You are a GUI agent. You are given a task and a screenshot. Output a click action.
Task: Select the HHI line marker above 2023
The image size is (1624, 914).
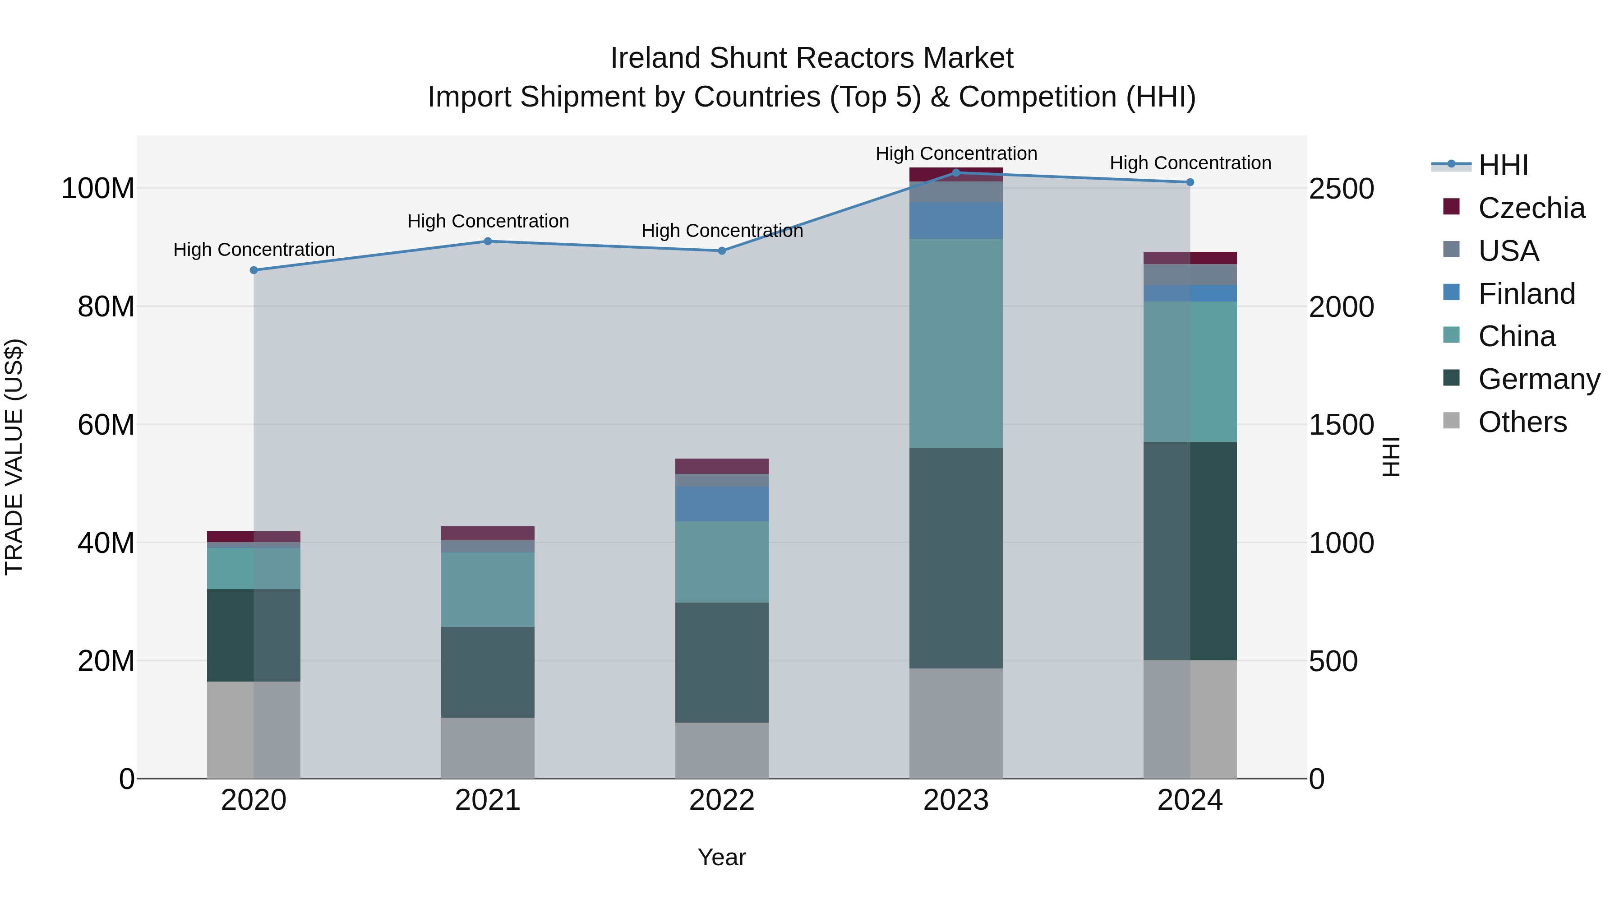956,172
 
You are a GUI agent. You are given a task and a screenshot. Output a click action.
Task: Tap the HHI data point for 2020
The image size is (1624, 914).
254,270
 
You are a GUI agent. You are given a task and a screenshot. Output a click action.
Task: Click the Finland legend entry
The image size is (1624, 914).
1526,293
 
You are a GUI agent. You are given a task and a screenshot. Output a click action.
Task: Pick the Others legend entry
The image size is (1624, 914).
1522,422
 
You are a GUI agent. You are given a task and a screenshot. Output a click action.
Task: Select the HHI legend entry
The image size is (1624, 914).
1503,165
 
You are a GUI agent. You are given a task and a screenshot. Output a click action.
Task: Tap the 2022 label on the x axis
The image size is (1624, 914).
721,800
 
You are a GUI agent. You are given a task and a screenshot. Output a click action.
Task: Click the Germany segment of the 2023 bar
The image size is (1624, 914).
956,558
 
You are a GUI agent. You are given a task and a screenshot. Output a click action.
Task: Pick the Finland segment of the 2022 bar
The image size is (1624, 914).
721,503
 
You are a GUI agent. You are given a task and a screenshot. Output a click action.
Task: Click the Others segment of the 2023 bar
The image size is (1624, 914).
956,724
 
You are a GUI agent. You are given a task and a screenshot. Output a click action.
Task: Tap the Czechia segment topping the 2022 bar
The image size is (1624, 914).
721,466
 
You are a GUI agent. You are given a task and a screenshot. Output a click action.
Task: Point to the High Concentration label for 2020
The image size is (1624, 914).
254,250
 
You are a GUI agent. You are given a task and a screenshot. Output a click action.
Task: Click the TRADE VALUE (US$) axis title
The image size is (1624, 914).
14,457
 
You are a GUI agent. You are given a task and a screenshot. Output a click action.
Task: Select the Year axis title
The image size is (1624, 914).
721,857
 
